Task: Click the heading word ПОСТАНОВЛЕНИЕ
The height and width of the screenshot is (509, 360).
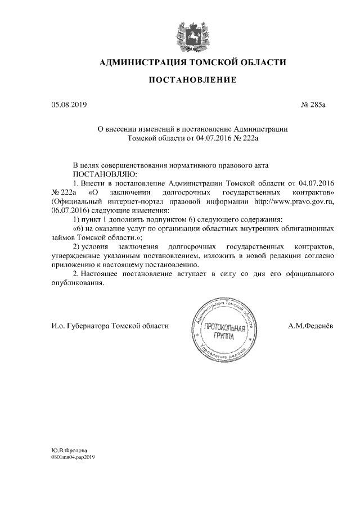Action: point(192,81)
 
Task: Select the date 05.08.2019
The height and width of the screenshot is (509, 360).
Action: point(66,105)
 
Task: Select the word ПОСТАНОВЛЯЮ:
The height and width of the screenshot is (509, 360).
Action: point(101,174)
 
